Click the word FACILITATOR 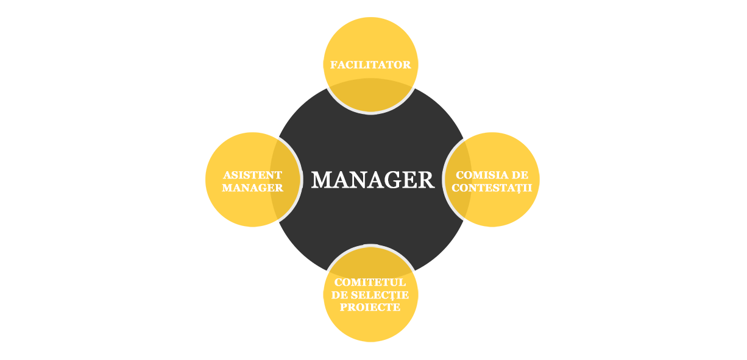[370, 65]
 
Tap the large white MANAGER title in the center [372, 180]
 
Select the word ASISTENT [252, 175]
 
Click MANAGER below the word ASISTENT [252, 188]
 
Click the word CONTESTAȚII [492, 188]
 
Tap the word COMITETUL [370, 283]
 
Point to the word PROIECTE [370, 308]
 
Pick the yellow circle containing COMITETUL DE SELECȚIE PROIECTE [370, 326]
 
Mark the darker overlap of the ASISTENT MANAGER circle [286, 180]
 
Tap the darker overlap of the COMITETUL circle [370, 262]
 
